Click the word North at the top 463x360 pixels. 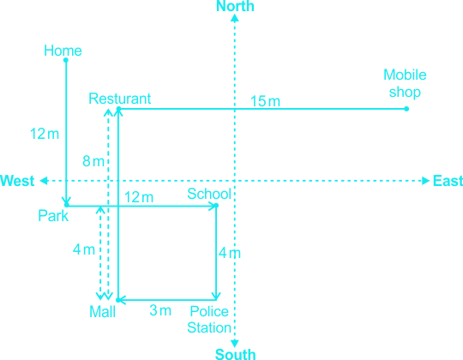[235, 6]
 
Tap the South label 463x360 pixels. [235, 354]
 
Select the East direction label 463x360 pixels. [448, 181]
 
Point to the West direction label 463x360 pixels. [17, 181]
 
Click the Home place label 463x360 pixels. [63, 51]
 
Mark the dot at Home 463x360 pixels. [66, 60]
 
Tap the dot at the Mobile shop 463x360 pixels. [406, 109]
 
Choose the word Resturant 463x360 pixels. [119, 99]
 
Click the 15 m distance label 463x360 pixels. [265, 101]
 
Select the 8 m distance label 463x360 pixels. [93, 161]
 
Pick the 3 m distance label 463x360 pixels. [160, 310]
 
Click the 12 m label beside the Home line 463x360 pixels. [45, 134]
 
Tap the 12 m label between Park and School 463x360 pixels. [139, 197]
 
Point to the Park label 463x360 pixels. [53, 216]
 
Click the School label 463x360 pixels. [209, 194]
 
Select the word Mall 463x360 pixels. [102, 312]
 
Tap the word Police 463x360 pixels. [209, 311]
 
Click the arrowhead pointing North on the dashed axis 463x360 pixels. [235, 18]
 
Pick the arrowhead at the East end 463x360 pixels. [425, 181]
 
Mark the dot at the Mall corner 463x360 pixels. [118, 300]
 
